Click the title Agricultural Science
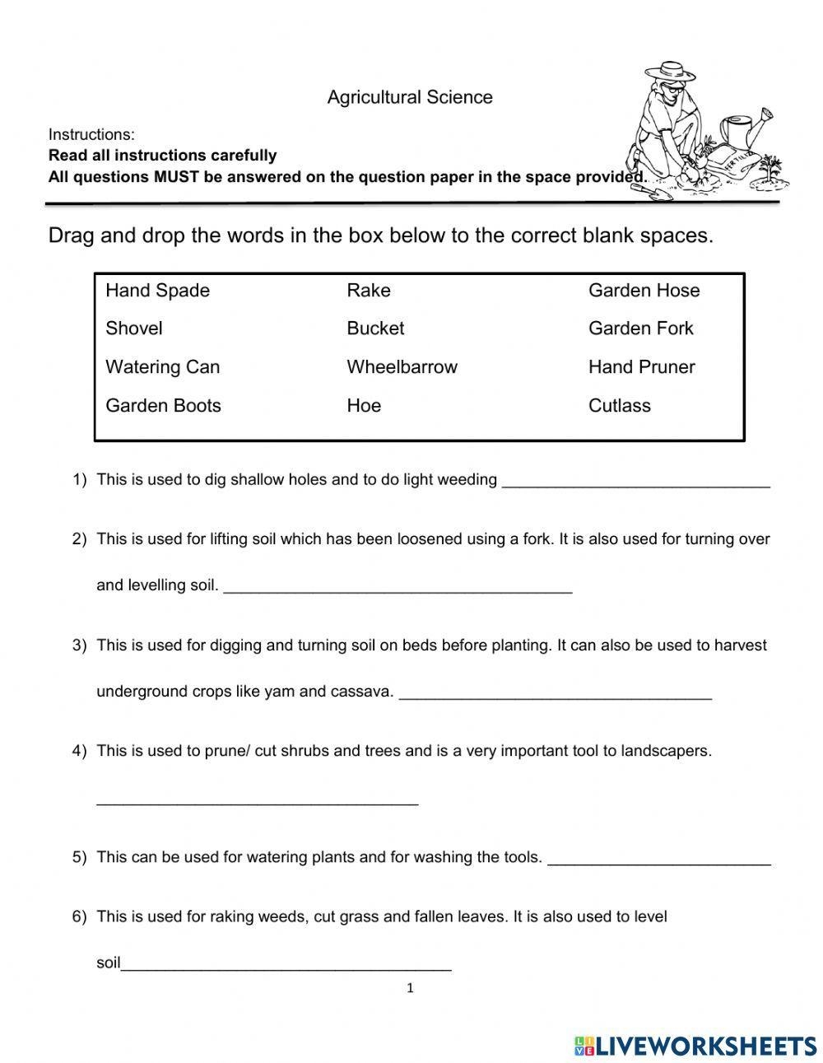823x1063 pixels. click(410, 97)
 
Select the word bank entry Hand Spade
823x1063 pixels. click(157, 291)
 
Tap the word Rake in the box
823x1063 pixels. click(369, 291)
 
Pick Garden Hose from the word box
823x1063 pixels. click(644, 291)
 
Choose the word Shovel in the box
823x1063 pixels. click(134, 329)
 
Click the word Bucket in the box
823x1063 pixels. click(375, 329)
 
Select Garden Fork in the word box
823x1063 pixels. click(640, 329)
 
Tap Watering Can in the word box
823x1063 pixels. click(162, 367)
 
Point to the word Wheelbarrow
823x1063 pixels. click(402, 367)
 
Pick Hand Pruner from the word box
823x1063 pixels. click(641, 367)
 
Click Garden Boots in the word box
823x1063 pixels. click(163, 406)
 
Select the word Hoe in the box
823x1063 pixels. click(364, 406)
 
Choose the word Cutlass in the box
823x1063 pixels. click(619, 406)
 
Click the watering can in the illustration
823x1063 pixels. click(745, 132)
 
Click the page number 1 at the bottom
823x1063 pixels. click(410, 989)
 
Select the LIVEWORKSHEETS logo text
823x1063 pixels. click(704, 1046)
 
